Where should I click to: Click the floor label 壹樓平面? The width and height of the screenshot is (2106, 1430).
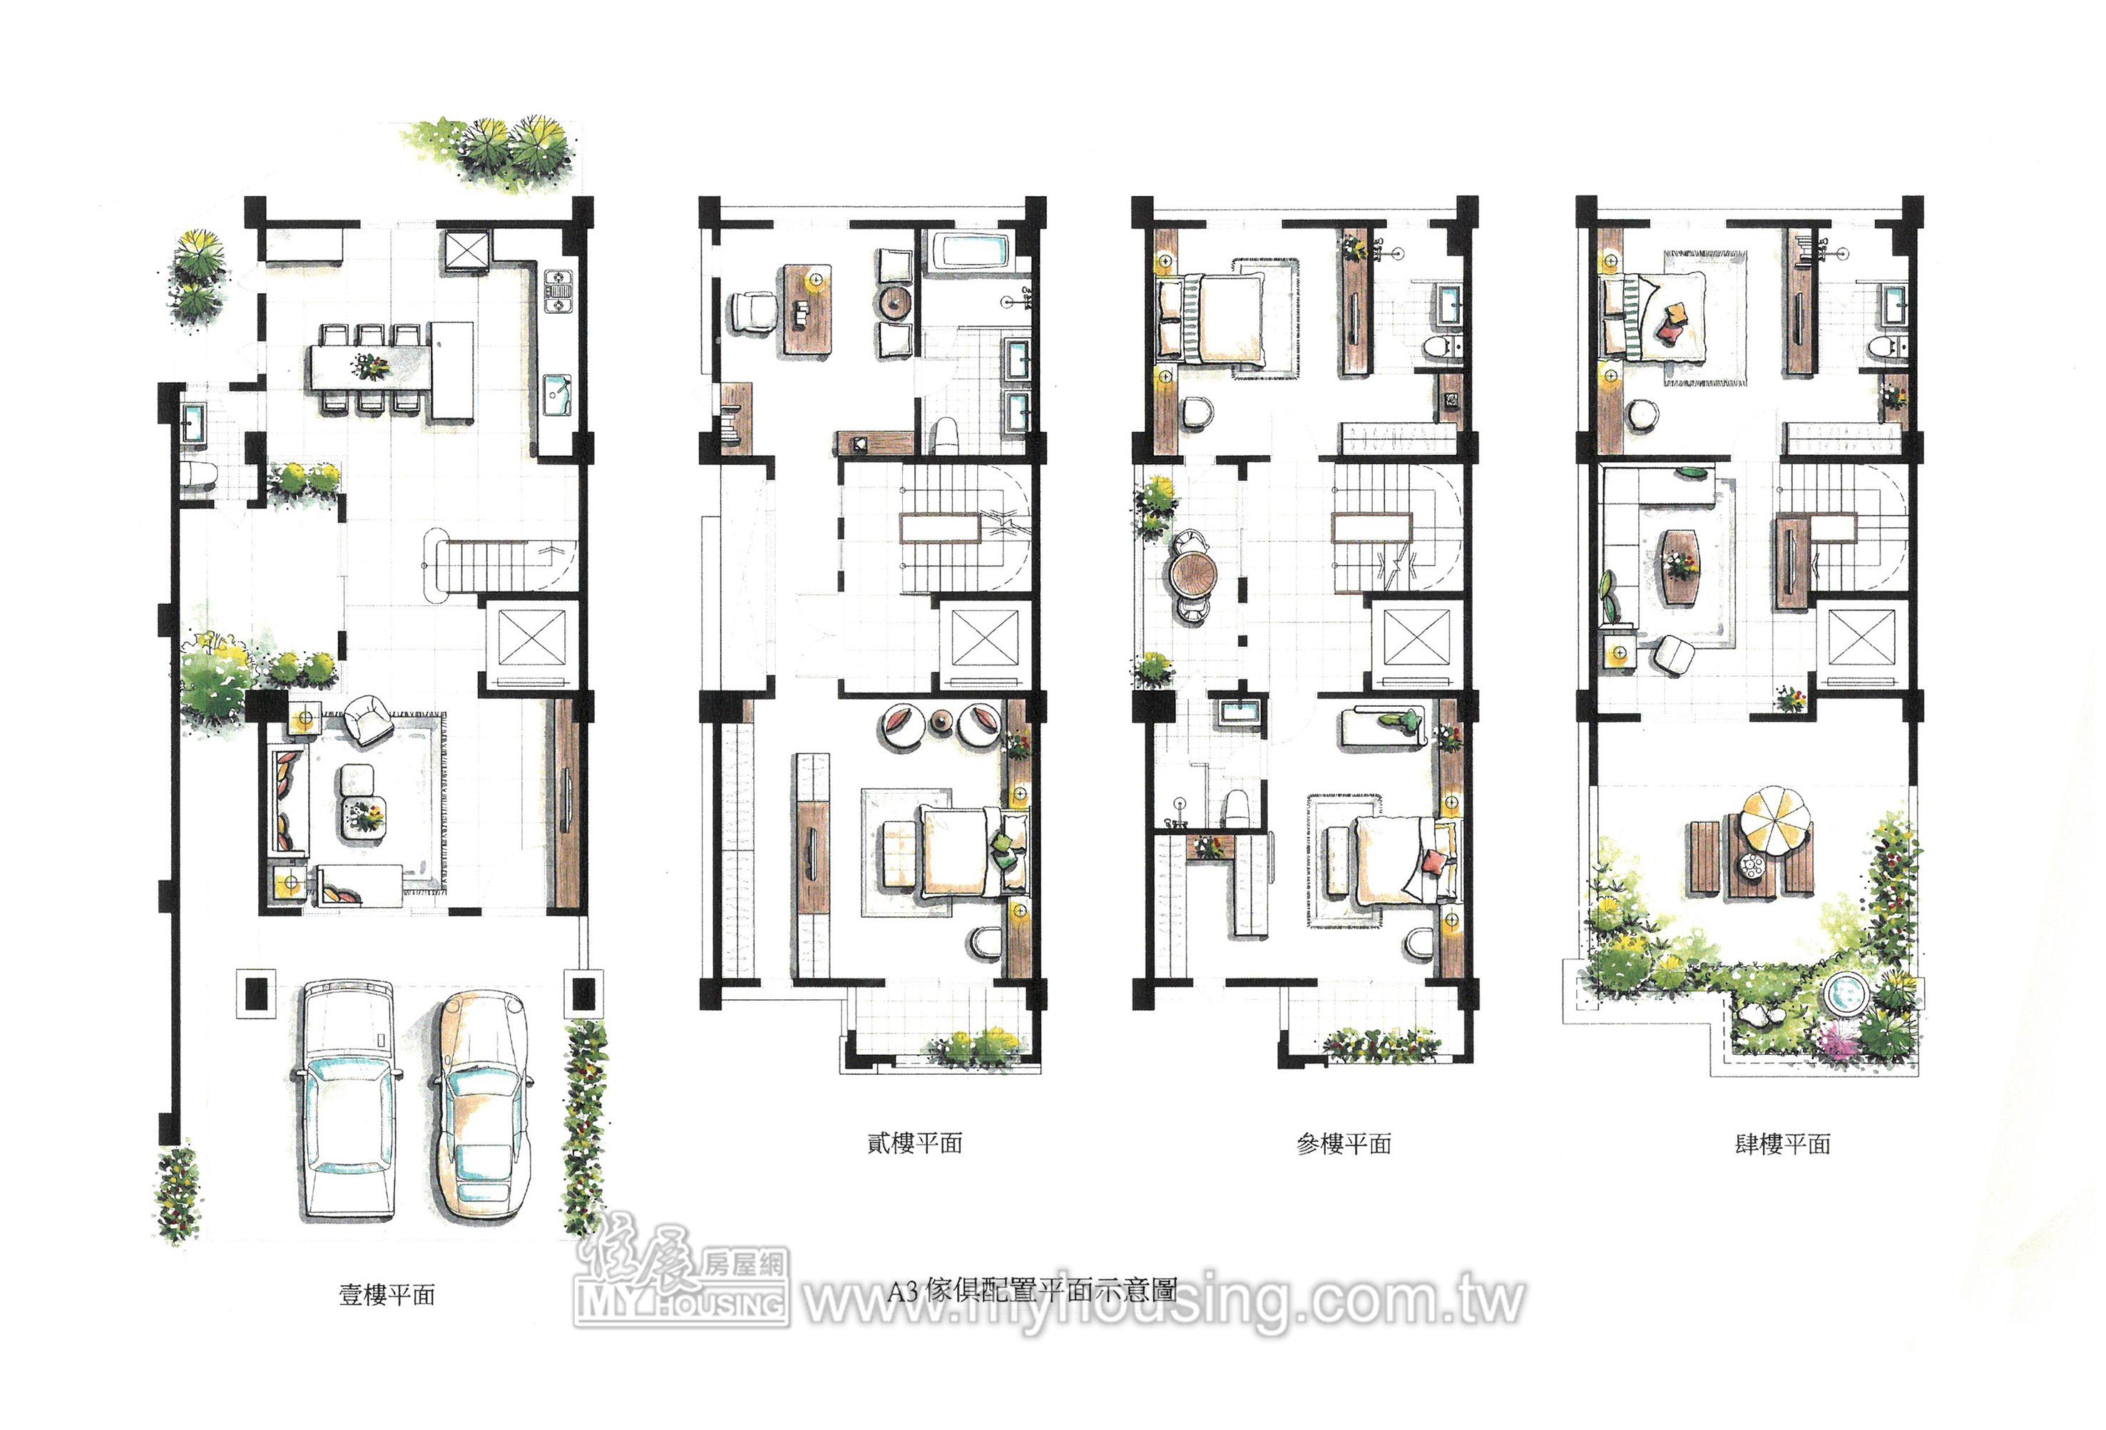387,1294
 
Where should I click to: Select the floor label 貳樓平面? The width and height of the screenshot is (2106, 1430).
914,1143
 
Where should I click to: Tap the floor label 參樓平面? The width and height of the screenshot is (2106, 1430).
1344,1143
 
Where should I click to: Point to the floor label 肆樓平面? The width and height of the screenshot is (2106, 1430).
1782,1143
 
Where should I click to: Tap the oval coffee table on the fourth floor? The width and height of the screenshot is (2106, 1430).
1681,566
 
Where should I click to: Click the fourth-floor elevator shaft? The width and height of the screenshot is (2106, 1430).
1861,638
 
